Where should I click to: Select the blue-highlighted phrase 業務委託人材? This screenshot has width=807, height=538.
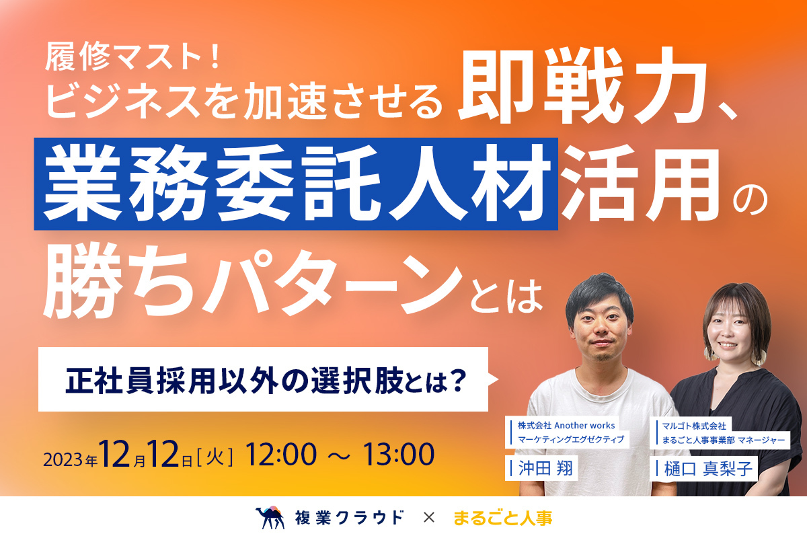pyautogui.click(x=297, y=183)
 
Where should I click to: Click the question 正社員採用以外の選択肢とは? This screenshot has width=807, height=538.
pyautogui.click(x=266, y=380)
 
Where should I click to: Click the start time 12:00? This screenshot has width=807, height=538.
pyautogui.click(x=280, y=455)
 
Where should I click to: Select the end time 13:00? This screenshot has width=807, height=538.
pyautogui.click(x=398, y=455)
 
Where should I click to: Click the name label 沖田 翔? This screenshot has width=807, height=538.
pyautogui.click(x=545, y=469)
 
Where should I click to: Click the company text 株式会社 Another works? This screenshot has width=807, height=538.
pyautogui.click(x=566, y=426)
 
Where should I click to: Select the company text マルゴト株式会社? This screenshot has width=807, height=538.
pyautogui.click(x=694, y=426)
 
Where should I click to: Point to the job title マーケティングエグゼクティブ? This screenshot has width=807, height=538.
pyautogui.click(x=571, y=440)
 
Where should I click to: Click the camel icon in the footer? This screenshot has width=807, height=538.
pyautogui.click(x=270, y=517)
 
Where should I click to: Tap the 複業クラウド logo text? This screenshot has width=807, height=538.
pyautogui.click(x=349, y=518)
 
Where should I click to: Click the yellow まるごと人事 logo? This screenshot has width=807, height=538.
pyautogui.click(x=502, y=518)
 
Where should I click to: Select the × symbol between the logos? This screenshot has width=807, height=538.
pyautogui.click(x=429, y=518)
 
